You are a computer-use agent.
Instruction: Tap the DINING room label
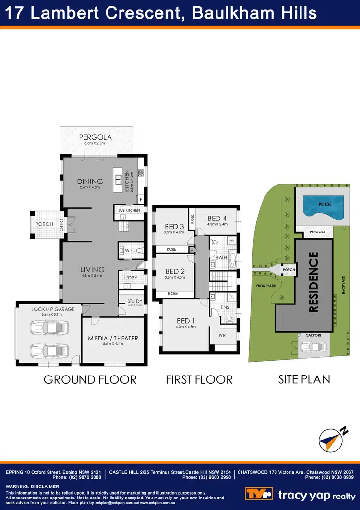pos(90,181)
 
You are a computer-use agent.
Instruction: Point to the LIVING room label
pos(92,270)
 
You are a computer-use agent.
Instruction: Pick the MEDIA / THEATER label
pos(113,338)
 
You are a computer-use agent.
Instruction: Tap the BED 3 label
pos(174,227)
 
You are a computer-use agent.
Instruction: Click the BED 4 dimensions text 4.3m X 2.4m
pos(217,224)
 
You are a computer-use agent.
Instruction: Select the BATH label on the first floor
pos(221,257)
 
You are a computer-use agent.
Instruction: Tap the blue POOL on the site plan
pos(324,205)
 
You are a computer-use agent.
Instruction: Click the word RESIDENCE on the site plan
pos(313,282)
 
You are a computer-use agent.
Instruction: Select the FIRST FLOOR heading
pos(199,379)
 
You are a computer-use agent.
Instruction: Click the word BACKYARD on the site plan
pos(343,289)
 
